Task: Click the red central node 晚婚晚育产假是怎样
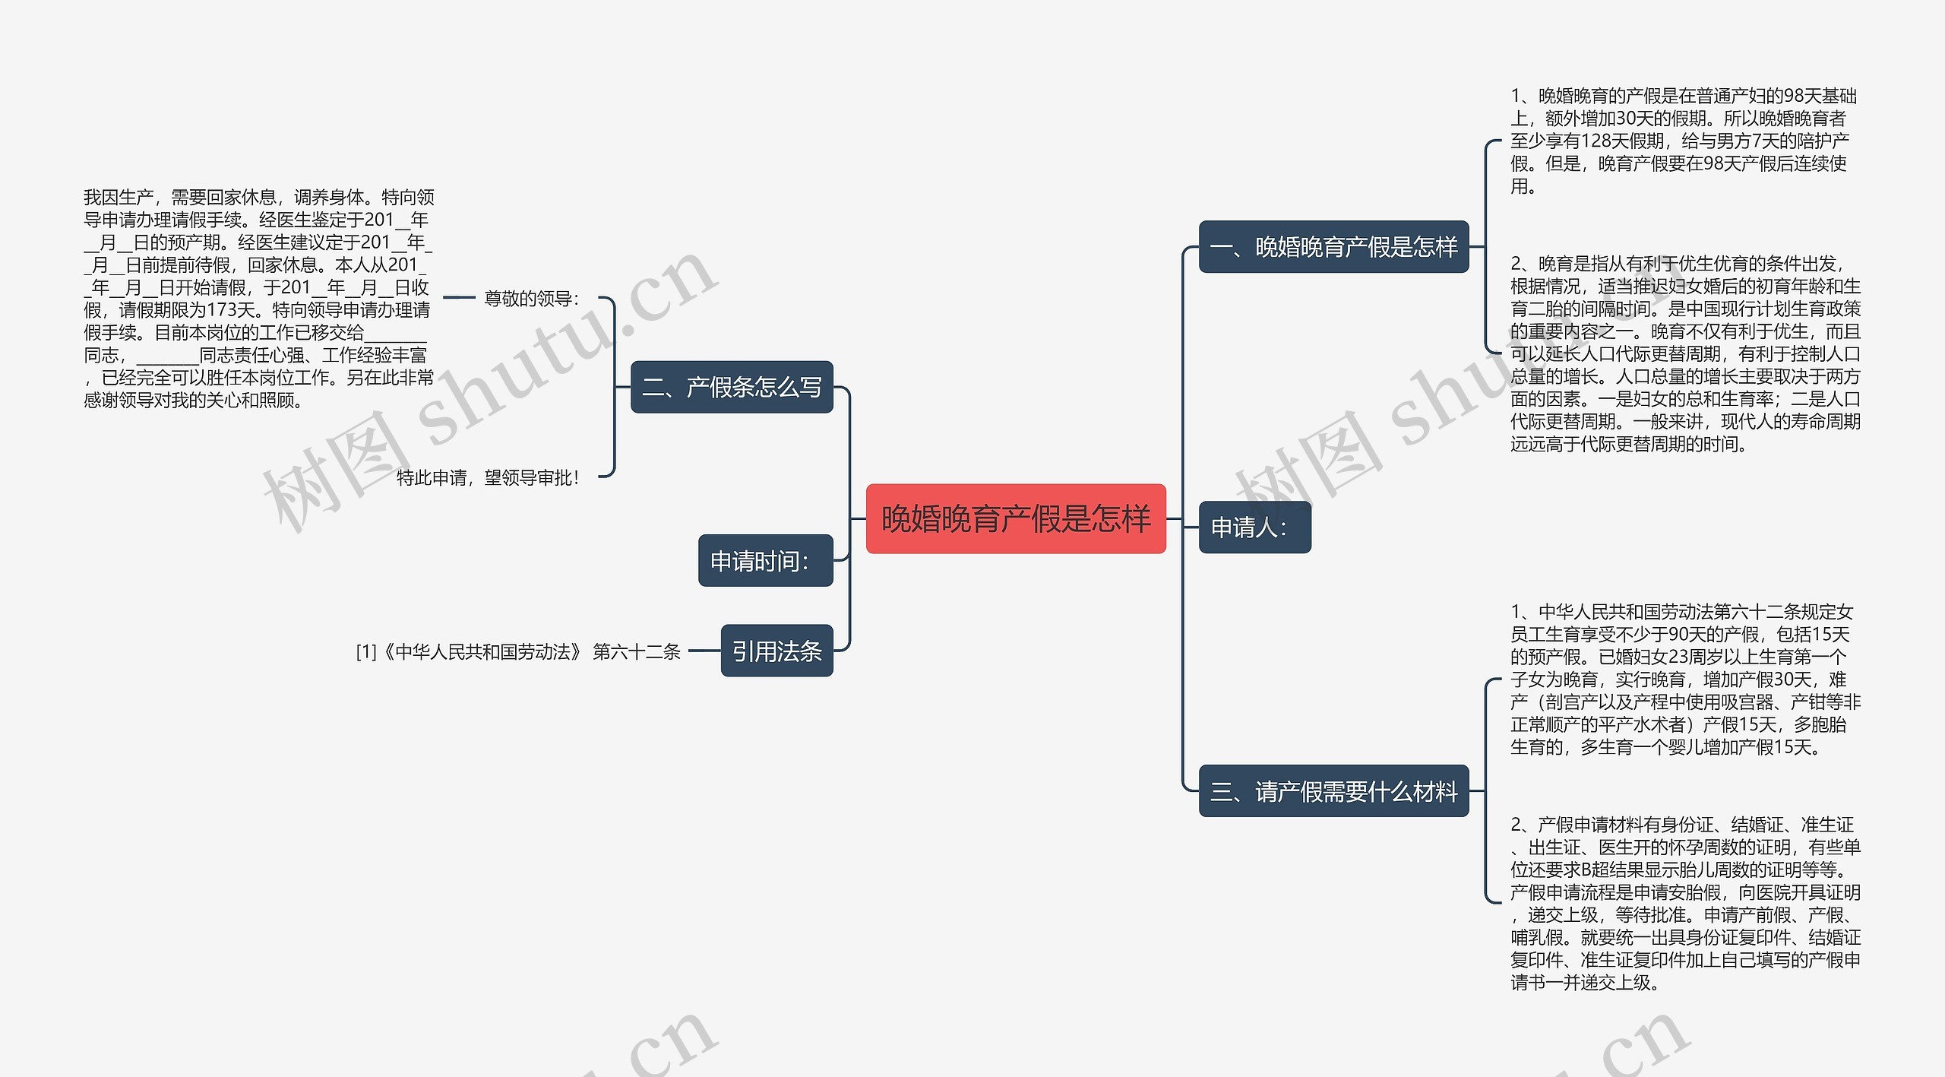[x=1016, y=518]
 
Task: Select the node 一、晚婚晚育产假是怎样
[x=1333, y=247]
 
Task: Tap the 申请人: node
[x=1254, y=527]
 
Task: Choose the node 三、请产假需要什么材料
[x=1333, y=791]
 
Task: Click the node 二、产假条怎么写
[x=732, y=387]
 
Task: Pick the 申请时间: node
[x=765, y=561]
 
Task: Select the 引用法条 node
[x=776, y=651]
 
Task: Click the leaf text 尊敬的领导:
[x=531, y=299]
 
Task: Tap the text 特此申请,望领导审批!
[x=487, y=477]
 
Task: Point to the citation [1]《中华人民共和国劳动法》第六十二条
[x=518, y=651]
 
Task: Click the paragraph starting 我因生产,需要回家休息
[x=258, y=298]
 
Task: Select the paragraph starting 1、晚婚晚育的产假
[x=1683, y=141]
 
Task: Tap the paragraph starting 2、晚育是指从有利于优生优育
[x=1684, y=353]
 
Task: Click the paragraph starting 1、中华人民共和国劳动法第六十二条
[x=1684, y=679]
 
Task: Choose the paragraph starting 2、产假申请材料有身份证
[x=1684, y=903]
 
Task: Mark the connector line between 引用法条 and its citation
[x=704, y=651]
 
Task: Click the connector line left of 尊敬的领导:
[x=458, y=298]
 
